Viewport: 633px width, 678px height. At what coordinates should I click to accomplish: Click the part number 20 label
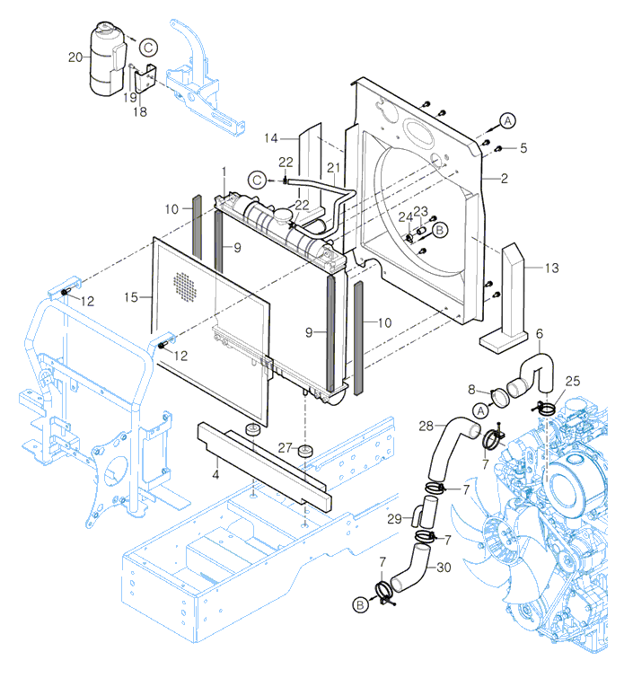pyautogui.click(x=75, y=57)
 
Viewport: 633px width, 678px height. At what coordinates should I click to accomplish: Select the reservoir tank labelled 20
pyautogui.click(x=107, y=58)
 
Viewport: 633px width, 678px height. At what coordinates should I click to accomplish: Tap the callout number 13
pyautogui.click(x=551, y=268)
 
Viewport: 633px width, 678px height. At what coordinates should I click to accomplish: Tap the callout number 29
pyautogui.click(x=391, y=519)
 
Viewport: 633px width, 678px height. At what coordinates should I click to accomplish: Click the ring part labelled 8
pyautogui.click(x=499, y=393)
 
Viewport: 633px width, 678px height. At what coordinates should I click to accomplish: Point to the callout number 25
pyautogui.click(x=573, y=383)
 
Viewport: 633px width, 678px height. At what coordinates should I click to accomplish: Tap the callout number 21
pyautogui.click(x=333, y=168)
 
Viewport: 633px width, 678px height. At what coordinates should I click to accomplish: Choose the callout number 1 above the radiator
pyautogui.click(x=225, y=171)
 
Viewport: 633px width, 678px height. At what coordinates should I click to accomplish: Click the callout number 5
pyautogui.click(x=523, y=147)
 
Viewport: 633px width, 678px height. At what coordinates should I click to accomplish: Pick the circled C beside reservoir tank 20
pyautogui.click(x=148, y=47)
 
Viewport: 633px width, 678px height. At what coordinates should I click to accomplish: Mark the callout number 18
pyautogui.click(x=139, y=111)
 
